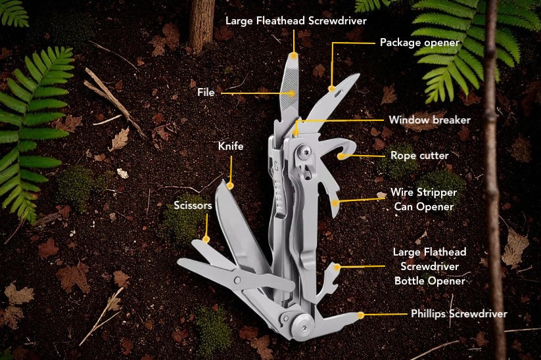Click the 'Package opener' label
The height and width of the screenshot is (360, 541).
[419, 43]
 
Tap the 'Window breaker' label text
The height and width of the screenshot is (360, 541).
[429, 120]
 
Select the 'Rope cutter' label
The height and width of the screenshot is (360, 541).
[419, 156]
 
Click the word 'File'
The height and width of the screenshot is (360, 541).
[206, 92]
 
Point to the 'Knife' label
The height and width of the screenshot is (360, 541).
[231, 146]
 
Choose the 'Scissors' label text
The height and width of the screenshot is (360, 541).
[193, 205]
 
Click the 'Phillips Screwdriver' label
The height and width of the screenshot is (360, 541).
[459, 314]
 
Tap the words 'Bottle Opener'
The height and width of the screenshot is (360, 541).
[429, 281]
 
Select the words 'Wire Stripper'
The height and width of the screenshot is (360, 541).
[424, 192]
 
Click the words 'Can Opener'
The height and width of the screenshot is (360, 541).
[424, 207]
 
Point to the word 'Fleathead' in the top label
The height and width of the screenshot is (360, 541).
[281, 20]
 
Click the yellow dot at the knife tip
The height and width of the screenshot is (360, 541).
[231, 186]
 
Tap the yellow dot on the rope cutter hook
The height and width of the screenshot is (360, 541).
[341, 156]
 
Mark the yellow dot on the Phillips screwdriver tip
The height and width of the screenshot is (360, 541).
[360, 315]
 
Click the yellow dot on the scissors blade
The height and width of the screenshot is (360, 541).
[206, 238]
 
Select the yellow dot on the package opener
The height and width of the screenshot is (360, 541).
[331, 89]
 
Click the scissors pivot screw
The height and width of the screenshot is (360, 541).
[238, 279]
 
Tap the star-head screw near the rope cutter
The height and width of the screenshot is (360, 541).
[304, 152]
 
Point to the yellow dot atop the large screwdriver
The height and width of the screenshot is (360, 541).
[294, 55]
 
